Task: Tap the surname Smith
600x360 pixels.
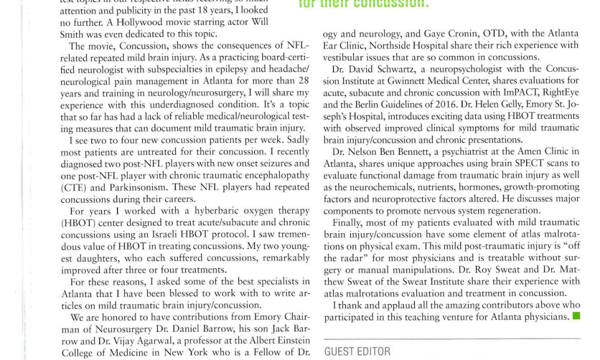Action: click(x=73, y=35)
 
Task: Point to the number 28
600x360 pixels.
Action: click(x=304, y=81)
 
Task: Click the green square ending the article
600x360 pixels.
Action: click(x=576, y=316)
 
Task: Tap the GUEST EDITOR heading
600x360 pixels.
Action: click(x=357, y=352)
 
